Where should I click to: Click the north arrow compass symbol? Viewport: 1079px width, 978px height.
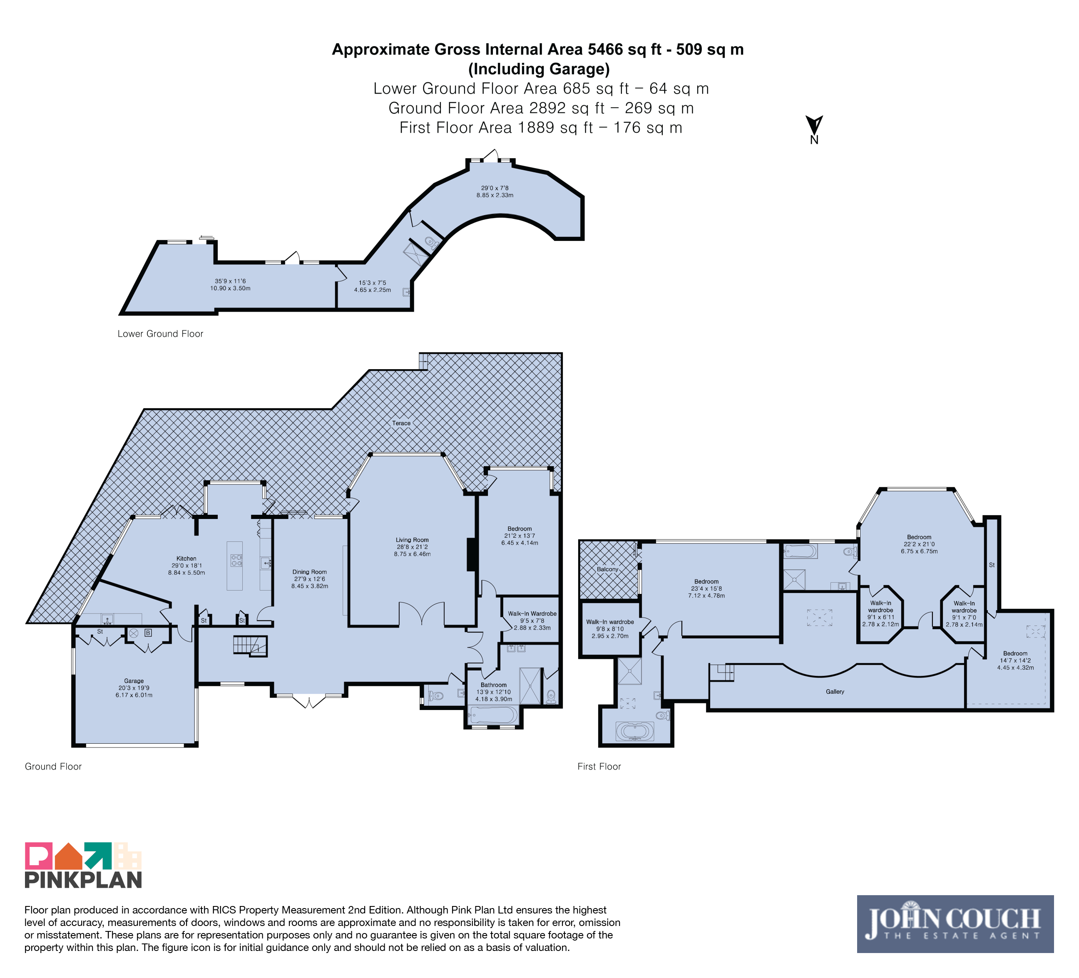(814, 129)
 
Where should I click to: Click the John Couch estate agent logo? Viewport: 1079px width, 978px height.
(955, 923)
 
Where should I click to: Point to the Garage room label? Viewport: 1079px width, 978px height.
(134, 681)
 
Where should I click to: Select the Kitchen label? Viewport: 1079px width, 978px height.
(186, 559)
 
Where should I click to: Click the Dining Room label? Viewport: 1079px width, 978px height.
(309, 572)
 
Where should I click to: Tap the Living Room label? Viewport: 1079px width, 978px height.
(412, 540)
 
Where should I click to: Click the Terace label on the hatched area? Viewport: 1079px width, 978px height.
(401, 423)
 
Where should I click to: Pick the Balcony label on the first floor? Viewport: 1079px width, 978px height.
(607, 569)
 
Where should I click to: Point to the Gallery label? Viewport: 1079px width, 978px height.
(835, 692)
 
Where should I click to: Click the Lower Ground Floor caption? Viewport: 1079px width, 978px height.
(161, 334)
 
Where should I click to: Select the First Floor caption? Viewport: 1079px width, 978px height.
(599, 767)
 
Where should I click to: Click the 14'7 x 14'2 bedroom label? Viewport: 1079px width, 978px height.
(1015, 660)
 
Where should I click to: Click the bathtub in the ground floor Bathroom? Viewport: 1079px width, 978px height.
(493, 715)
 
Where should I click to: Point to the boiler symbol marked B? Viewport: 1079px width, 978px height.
(148, 633)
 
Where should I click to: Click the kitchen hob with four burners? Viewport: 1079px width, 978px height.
(236, 560)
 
